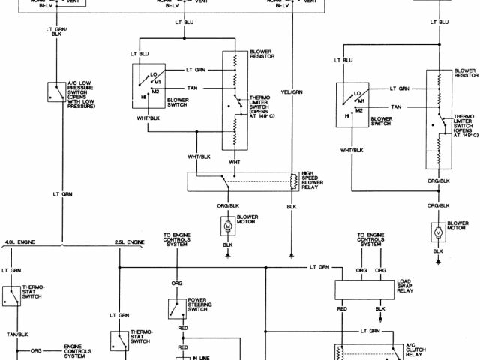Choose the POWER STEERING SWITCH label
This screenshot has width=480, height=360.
click(x=200, y=307)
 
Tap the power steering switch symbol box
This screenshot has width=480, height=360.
click(x=177, y=308)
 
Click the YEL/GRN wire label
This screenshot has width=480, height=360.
click(x=292, y=91)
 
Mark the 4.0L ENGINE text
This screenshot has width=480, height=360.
click(x=19, y=243)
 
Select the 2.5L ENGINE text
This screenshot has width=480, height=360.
click(x=129, y=243)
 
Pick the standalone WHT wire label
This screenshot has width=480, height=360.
click(x=235, y=162)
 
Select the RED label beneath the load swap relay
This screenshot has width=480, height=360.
click(x=341, y=307)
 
